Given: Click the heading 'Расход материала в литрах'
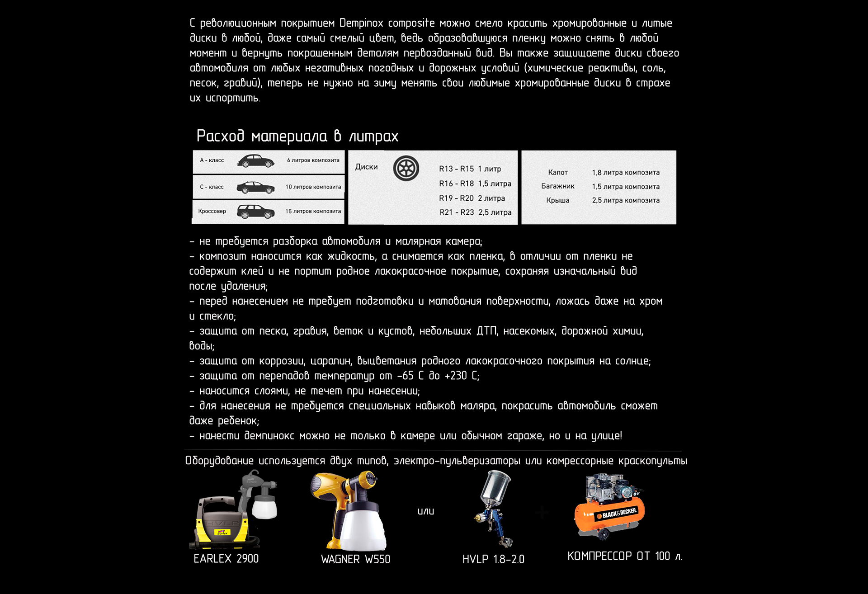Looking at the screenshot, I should [x=297, y=136].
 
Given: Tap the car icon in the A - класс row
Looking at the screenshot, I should [x=255, y=161].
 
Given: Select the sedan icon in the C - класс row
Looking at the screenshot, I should [x=255, y=187].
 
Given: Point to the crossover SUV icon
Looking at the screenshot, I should [x=255, y=212].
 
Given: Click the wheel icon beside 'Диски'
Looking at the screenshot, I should [x=406, y=168].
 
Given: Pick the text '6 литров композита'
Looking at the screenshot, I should [x=313, y=160].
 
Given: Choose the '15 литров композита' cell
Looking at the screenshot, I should [x=313, y=212].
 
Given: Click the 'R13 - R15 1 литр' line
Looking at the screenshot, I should [x=470, y=169].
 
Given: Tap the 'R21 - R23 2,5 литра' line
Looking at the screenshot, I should [x=475, y=212].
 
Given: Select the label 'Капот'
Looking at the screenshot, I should [x=557, y=173].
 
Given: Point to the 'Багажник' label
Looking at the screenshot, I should [x=557, y=187].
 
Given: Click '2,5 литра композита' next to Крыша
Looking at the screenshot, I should [x=626, y=201].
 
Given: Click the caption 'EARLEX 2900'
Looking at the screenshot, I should [x=226, y=559].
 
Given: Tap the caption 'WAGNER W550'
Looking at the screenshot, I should [x=355, y=560].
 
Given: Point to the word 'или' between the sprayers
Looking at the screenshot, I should [x=425, y=511].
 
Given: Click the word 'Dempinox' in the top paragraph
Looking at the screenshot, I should [x=361, y=24].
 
